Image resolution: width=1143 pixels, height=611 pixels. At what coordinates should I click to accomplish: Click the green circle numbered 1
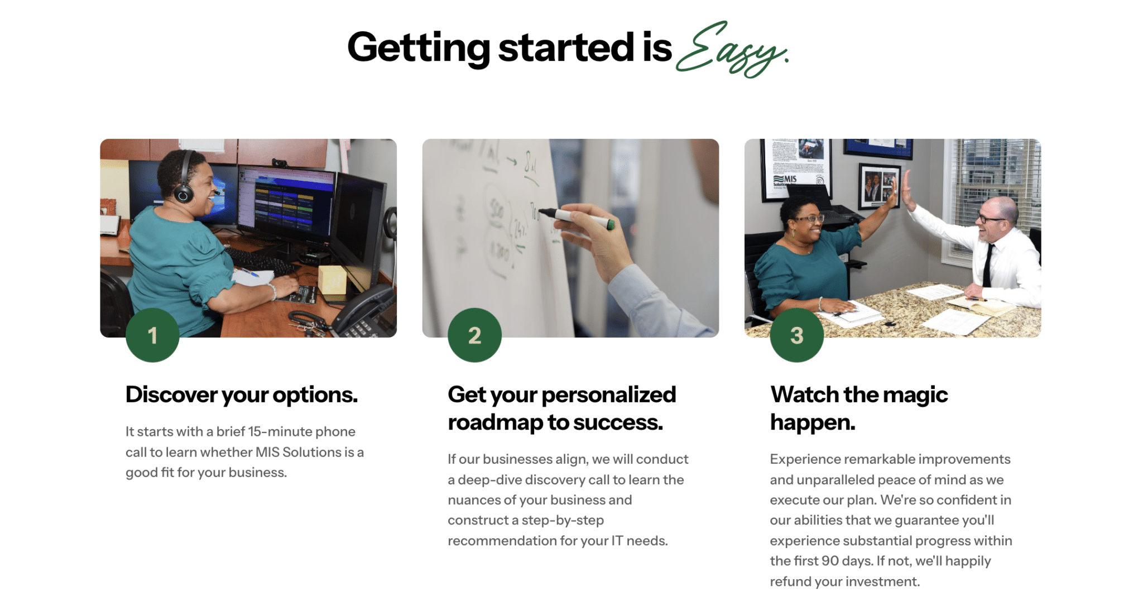[x=152, y=335]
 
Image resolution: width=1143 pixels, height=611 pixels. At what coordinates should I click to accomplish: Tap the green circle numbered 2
[x=474, y=335]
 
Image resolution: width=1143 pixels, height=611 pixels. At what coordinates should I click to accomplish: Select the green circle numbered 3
[x=796, y=335]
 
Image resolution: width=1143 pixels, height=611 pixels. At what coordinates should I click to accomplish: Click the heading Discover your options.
[x=241, y=395]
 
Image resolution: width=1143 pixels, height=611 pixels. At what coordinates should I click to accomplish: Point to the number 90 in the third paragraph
[x=830, y=561]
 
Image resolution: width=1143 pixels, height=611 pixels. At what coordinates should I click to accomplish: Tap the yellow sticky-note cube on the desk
[x=332, y=279]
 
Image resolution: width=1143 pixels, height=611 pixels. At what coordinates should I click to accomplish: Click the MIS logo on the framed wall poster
[x=786, y=180]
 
